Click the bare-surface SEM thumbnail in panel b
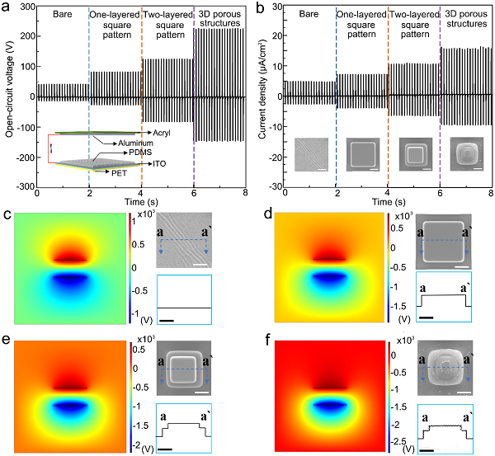(310, 154)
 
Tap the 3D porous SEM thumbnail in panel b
(466, 154)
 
